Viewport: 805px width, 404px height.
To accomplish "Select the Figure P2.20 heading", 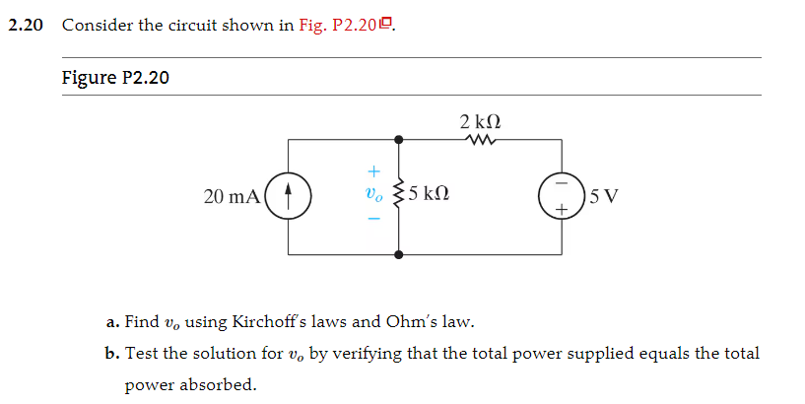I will coord(115,78).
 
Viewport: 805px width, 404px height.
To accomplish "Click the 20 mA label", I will coord(232,196).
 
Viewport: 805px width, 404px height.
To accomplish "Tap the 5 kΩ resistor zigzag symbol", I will coord(398,195).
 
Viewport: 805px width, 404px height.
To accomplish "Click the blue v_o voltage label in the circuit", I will coord(372,195).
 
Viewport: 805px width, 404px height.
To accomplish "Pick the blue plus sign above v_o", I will coord(372,171).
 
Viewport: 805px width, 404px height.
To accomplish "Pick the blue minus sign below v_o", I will coord(372,219).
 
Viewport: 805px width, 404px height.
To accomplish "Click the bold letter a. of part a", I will coord(113,321).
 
